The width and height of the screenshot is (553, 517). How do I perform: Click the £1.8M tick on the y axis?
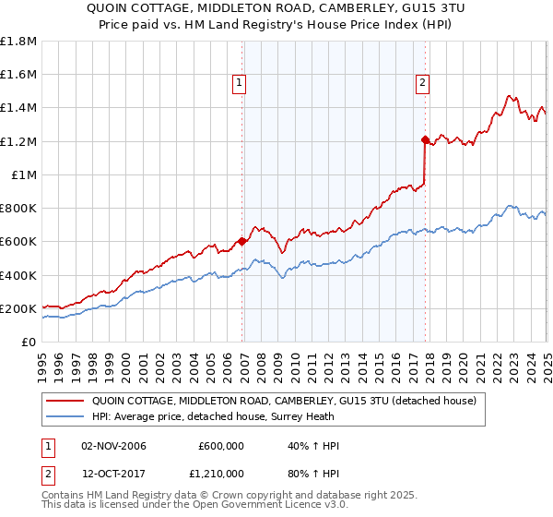click(x=18, y=42)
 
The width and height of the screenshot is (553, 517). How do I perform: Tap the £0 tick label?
click(x=29, y=343)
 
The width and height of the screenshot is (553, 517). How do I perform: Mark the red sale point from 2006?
click(x=242, y=242)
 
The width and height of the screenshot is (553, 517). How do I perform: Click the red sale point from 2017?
click(x=425, y=140)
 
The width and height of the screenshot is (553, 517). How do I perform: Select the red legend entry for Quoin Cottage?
click(x=283, y=401)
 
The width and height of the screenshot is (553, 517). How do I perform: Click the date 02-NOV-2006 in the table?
click(x=113, y=446)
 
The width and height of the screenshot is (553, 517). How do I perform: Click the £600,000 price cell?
click(x=221, y=446)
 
